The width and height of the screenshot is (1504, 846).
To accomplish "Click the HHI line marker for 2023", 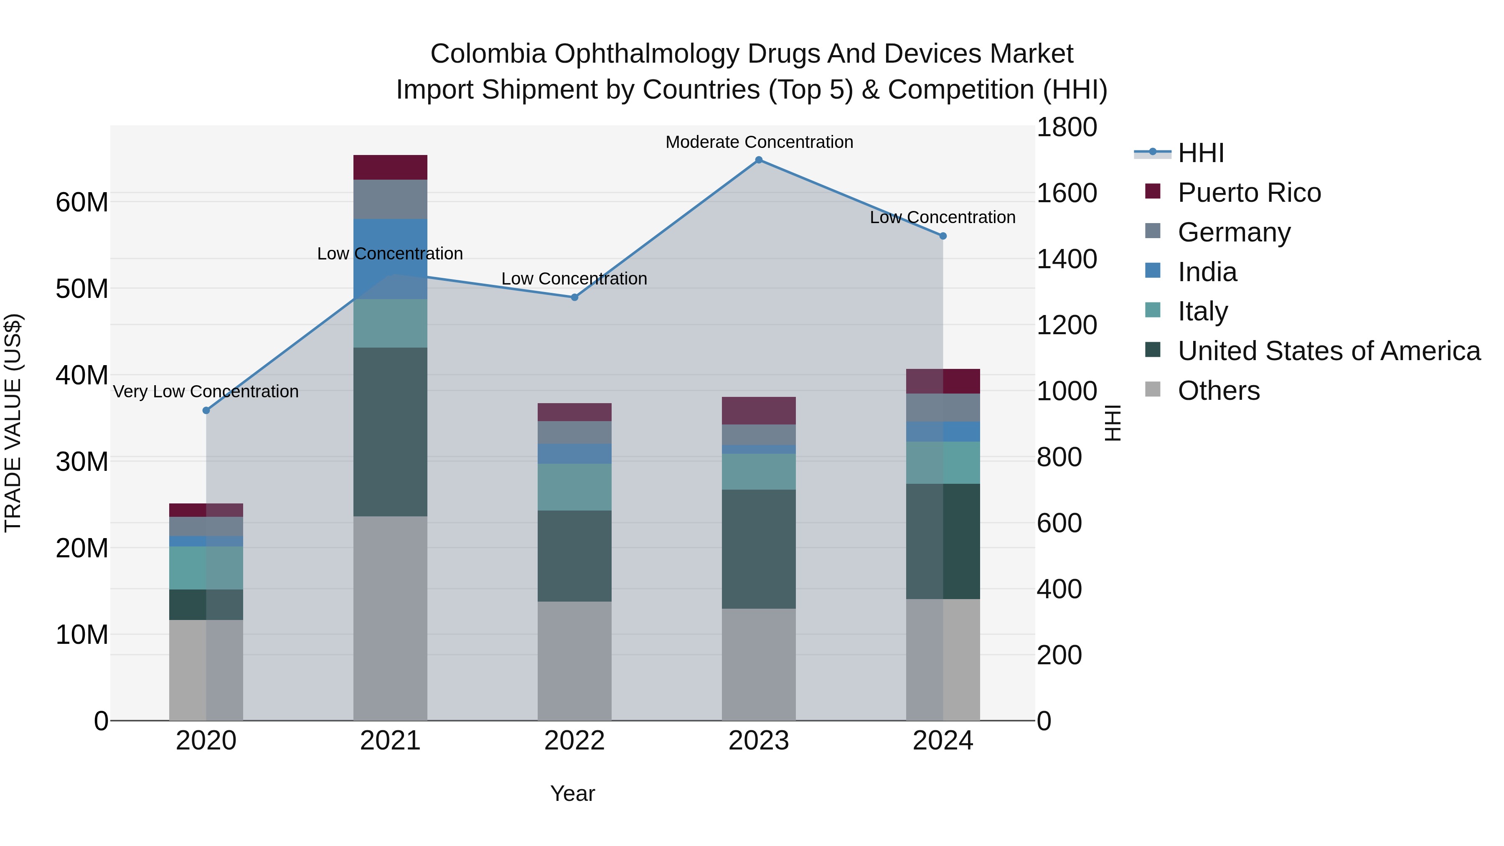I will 758,160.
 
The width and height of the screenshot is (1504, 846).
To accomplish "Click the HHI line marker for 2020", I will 206,410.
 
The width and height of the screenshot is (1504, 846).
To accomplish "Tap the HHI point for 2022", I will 574,297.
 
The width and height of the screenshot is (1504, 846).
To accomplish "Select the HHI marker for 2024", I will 943,236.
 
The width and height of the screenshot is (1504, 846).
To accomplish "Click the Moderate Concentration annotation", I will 759,142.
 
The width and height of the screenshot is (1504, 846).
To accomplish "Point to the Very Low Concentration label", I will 206,391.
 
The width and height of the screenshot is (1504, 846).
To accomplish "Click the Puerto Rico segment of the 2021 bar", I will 390,168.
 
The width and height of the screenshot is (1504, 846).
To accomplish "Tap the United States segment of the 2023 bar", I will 758,549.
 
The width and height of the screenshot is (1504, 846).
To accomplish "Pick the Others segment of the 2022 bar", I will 574,661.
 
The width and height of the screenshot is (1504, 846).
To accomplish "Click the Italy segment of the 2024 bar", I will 943,462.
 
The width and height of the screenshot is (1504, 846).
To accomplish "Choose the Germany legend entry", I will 1234,232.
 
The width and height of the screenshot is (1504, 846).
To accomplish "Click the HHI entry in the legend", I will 1200,153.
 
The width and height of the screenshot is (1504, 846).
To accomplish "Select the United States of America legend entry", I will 1328,351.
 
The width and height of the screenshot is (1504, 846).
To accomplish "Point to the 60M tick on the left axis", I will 82,203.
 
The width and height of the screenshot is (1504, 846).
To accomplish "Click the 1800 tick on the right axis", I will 1067,127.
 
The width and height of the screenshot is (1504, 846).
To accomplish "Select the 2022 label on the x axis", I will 574,741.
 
